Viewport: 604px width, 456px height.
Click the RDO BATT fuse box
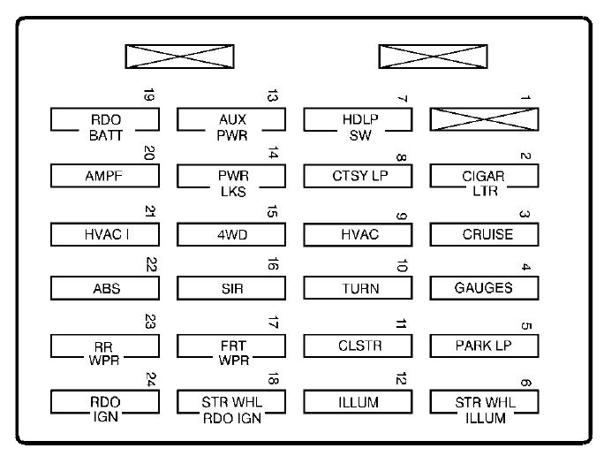click(x=105, y=120)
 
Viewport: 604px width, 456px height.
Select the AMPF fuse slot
click(x=105, y=176)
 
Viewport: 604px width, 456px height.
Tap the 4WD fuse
click(x=231, y=234)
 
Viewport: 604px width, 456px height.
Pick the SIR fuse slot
click(x=231, y=288)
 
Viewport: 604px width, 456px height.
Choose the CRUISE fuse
click(x=484, y=234)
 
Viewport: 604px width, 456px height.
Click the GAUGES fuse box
click(x=484, y=288)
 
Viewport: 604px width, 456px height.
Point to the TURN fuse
click(x=358, y=288)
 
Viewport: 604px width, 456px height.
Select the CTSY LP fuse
click(x=358, y=176)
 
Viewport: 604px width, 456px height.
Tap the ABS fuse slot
click(x=105, y=288)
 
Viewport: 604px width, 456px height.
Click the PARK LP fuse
click(x=484, y=346)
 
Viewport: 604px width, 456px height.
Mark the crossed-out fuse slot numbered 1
click(x=484, y=119)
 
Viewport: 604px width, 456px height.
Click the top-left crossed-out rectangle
click(x=179, y=57)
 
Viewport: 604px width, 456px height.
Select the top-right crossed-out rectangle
click(x=433, y=57)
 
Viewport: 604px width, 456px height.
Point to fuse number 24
click(x=105, y=402)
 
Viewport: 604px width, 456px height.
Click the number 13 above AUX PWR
click(x=272, y=95)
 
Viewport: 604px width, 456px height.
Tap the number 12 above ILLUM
click(x=401, y=378)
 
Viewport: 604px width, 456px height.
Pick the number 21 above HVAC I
click(x=150, y=211)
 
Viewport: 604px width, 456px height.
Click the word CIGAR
click(x=483, y=176)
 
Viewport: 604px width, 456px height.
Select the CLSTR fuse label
click(x=359, y=346)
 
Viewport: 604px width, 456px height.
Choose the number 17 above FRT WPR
click(x=273, y=323)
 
